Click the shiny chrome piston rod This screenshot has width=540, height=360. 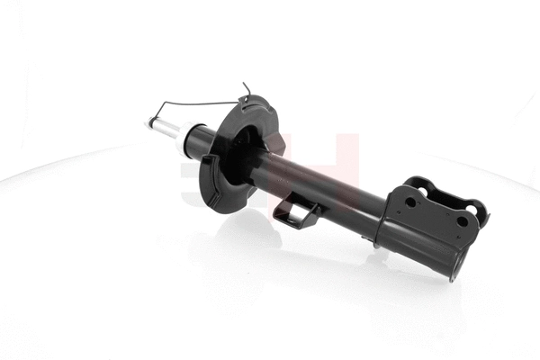tap(162, 127)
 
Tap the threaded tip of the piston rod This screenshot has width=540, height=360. tap(147, 121)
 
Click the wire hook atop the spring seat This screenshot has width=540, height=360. tap(247, 88)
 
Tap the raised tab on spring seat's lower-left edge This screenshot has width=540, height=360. tap(206, 163)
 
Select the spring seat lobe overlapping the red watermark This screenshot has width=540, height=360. tap(275, 144)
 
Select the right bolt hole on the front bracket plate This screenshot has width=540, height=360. tap(463, 221)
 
